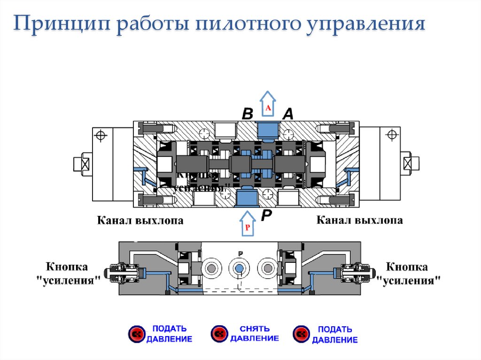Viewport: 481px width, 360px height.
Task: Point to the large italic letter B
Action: tap(248, 114)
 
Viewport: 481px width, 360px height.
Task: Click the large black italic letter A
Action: tap(287, 114)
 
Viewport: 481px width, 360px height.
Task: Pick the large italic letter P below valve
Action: tap(266, 216)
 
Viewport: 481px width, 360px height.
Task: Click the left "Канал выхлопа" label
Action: tap(140, 220)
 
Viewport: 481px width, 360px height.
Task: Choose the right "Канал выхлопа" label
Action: tap(359, 220)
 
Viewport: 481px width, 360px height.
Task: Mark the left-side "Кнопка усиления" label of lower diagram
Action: tap(73, 274)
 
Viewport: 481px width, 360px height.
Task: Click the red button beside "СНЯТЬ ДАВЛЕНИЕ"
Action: tap(218, 334)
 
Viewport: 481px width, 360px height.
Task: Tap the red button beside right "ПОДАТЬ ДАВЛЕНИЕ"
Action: tap(300, 334)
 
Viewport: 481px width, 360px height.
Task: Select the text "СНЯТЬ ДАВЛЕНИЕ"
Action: tap(254, 334)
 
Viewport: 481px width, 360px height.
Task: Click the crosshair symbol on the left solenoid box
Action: tap(100, 136)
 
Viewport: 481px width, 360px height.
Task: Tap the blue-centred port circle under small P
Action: tap(240, 268)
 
